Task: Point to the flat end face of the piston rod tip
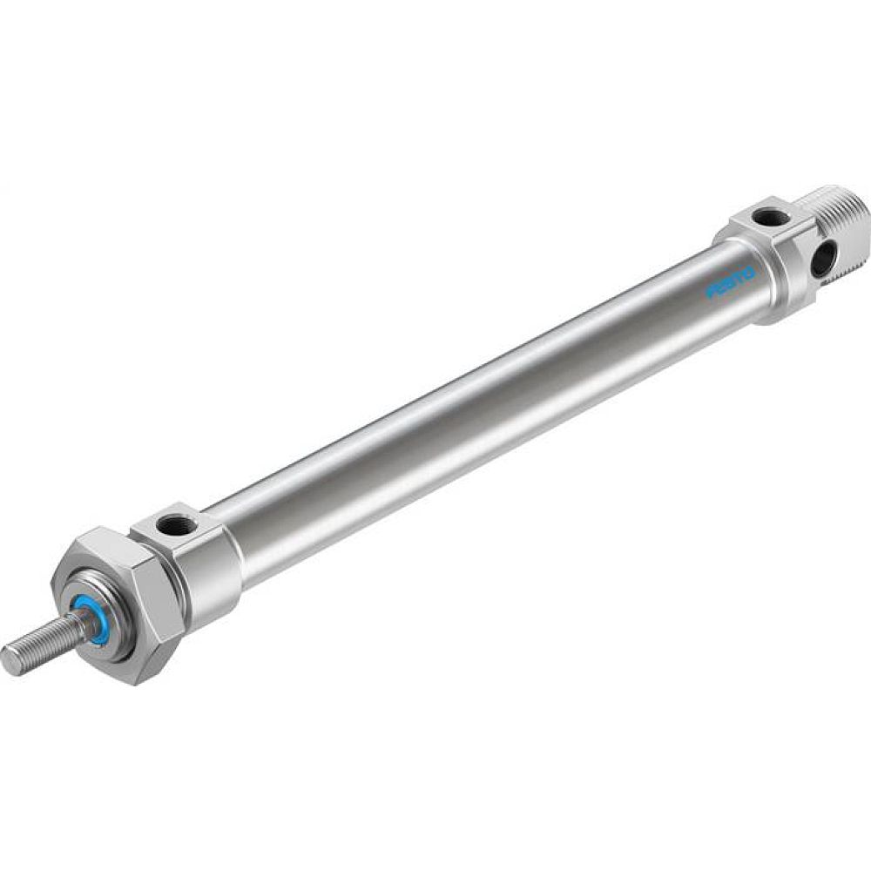pyautogui.click(x=9, y=659)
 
